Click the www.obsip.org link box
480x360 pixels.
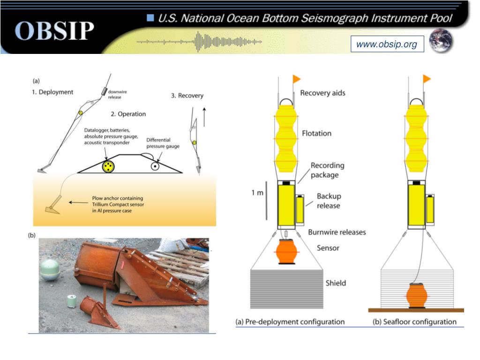(387, 45)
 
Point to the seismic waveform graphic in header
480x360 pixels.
(199, 42)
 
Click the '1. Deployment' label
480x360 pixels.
(52, 92)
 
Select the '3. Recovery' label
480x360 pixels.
(187, 96)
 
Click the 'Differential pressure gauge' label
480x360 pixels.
(163, 143)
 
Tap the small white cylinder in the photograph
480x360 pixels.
(72, 300)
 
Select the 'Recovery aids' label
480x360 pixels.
(322, 93)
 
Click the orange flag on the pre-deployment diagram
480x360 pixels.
(297, 78)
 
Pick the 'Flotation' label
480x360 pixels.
(316, 133)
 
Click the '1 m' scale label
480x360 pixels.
(257, 193)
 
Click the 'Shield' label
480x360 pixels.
(336, 283)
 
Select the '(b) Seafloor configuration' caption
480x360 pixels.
(414, 322)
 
